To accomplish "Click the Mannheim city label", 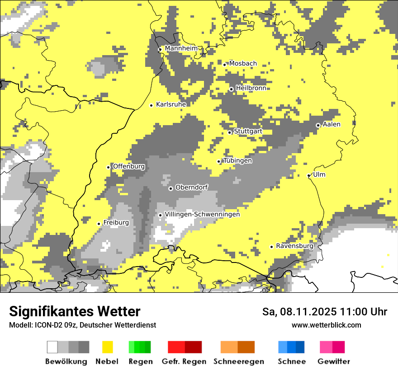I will pyautogui.click(x=181, y=48).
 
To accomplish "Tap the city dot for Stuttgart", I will pyautogui.click(x=230, y=132).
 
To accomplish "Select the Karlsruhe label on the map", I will pyautogui.click(x=171, y=104).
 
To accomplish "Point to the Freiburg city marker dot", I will pyautogui.click(x=99, y=224).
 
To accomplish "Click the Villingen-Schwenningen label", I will pyautogui.click(x=202, y=215).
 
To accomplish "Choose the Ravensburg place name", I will pyautogui.click(x=294, y=246).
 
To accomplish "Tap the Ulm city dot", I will pyautogui.click(x=309, y=175).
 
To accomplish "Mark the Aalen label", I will pyautogui.click(x=332, y=124).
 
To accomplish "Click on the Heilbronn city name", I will pyautogui.click(x=251, y=88).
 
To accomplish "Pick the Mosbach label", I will pyautogui.click(x=243, y=64).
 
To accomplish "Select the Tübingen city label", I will pyautogui.click(x=237, y=160).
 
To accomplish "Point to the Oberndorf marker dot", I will pyautogui.click(x=171, y=188).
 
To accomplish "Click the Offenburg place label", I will pyautogui.click(x=128, y=166).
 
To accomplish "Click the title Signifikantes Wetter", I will pyautogui.click(x=75, y=311).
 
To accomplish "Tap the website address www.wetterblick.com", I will pyautogui.click(x=326, y=325).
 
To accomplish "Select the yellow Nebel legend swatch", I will pyautogui.click(x=107, y=347).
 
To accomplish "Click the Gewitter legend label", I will pyautogui.click(x=333, y=361).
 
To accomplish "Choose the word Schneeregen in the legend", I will pyautogui.click(x=238, y=361).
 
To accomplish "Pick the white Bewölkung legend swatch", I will pyautogui.click(x=52, y=347).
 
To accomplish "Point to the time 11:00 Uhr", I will pyautogui.click(x=365, y=312).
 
